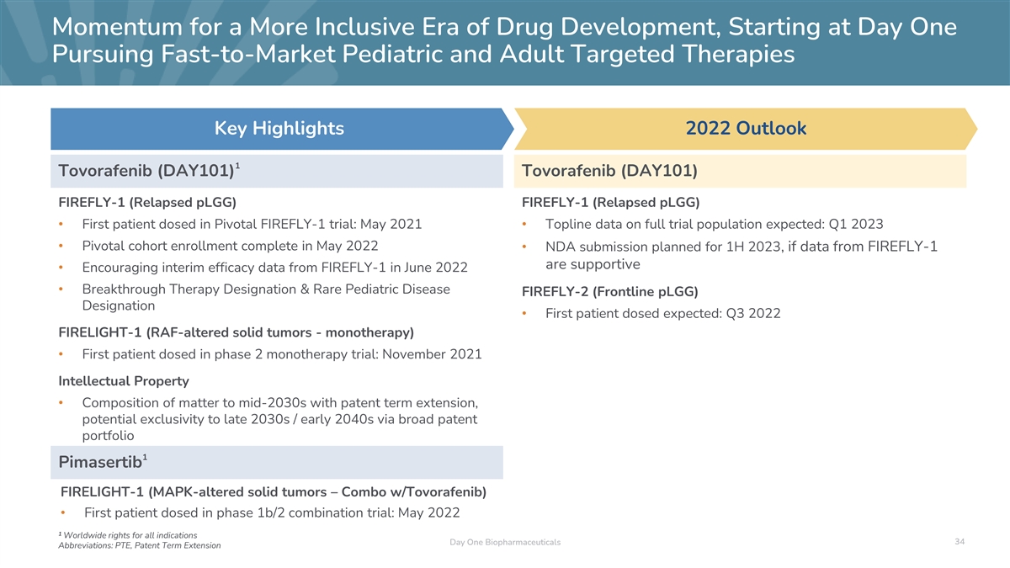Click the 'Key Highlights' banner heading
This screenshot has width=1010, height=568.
pos(279,129)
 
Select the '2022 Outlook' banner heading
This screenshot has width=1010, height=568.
pos(746,129)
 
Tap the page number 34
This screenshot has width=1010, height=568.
pos(959,541)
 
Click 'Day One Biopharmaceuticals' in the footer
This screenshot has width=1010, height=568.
pos(505,542)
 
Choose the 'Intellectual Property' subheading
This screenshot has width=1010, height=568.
pos(124,380)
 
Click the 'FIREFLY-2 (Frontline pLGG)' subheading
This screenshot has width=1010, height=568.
pos(610,291)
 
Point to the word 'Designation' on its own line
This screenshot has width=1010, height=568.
pos(119,305)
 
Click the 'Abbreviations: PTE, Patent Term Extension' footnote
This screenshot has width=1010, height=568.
pos(139,545)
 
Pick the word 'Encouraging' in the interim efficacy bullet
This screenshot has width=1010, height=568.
pos(120,268)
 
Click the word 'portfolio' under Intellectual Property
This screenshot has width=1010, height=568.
pos(108,437)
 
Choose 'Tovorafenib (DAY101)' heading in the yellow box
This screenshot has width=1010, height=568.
pos(609,172)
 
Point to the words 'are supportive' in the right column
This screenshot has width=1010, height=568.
pos(593,265)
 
